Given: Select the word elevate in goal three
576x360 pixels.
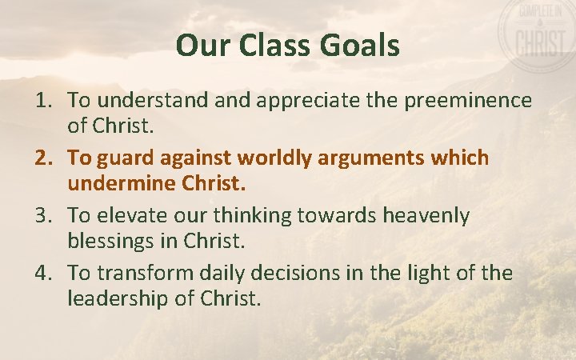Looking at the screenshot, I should [x=131, y=216].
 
